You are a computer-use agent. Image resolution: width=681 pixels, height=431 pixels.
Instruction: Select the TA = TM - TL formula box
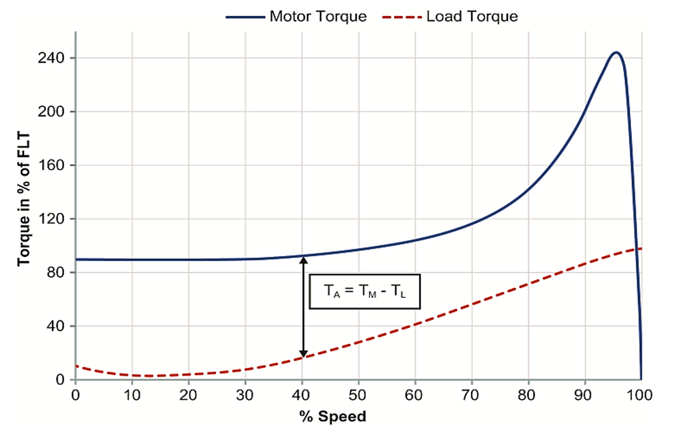[364, 291]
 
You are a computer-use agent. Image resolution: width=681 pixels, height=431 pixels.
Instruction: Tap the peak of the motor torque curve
[616, 52]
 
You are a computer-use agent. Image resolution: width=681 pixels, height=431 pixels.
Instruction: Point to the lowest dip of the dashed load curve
[149, 376]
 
